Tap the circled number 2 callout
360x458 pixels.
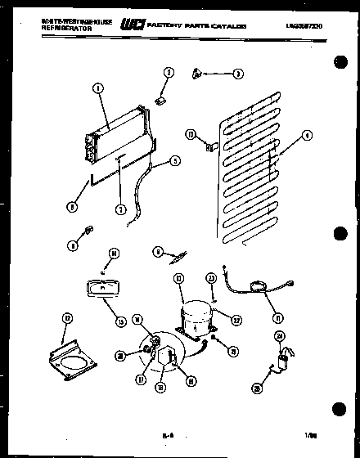pyautogui.click(x=169, y=73)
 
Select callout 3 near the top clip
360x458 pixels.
pyautogui.click(x=237, y=73)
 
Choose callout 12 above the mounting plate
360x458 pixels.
pyautogui.click(x=68, y=318)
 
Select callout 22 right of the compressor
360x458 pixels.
pyautogui.click(x=236, y=319)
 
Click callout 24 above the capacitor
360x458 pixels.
pyautogui.click(x=279, y=335)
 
